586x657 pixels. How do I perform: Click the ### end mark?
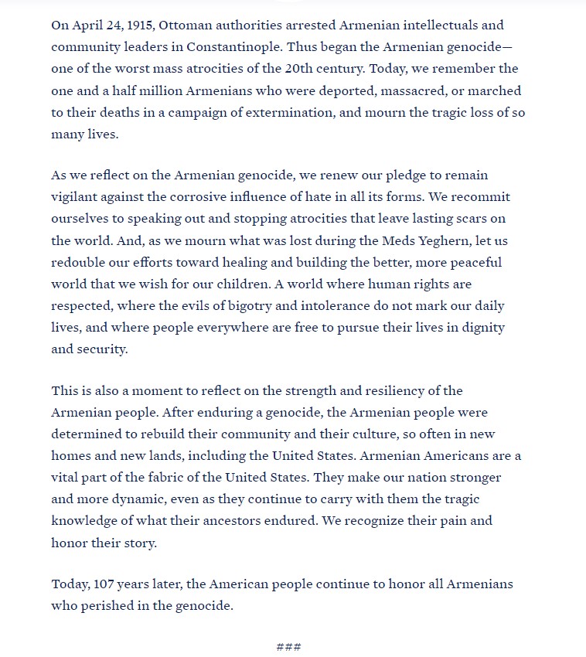coord(288,647)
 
